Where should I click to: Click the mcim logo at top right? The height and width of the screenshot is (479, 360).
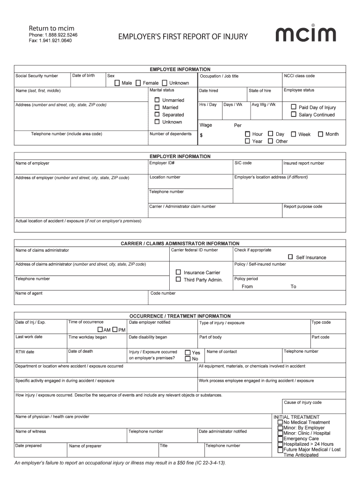pyautogui.click(x=305, y=34)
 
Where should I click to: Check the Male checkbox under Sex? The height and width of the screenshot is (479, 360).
pyautogui.click(x=117, y=83)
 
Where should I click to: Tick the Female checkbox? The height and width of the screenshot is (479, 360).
pyautogui.click(x=138, y=83)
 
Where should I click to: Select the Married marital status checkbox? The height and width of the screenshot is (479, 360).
pyautogui.click(x=157, y=107)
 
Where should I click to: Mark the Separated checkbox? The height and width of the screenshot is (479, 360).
pyautogui.click(x=157, y=115)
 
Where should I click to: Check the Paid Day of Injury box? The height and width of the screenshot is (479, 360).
pyautogui.click(x=294, y=107)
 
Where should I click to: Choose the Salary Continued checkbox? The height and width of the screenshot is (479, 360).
pyautogui.click(x=294, y=114)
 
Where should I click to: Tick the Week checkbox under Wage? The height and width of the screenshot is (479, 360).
pyautogui.click(x=293, y=134)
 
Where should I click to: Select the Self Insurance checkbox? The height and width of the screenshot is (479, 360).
pyautogui.click(x=290, y=257)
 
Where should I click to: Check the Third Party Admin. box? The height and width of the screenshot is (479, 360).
pyautogui.click(x=178, y=279)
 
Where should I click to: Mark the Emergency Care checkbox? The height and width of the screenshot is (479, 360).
pyautogui.click(x=280, y=439)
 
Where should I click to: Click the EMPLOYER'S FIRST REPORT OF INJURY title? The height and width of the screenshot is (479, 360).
pyautogui.click(x=183, y=36)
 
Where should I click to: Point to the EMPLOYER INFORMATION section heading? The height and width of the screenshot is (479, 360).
pyautogui.click(x=180, y=156)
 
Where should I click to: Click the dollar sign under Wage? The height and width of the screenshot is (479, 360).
pyautogui.click(x=201, y=135)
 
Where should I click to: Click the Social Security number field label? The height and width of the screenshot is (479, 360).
pyautogui.click(x=37, y=76)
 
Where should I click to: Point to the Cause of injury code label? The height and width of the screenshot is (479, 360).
pyautogui.click(x=302, y=402)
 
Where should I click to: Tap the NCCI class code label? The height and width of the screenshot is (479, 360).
pyautogui.click(x=299, y=76)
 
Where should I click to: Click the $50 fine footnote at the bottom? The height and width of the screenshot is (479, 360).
pyautogui.click(x=121, y=463)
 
